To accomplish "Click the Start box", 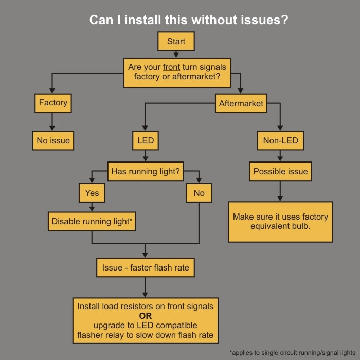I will pyautogui.click(x=176, y=42).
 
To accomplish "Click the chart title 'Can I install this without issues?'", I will pyautogui.click(x=189, y=20).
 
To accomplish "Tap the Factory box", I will pyautogui.click(x=53, y=103).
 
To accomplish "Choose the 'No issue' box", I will pyautogui.click(x=53, y=140).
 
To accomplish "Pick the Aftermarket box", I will pyautogui.click(x=241, y=103).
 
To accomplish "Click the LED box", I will pyautogui.click(x=146, y=140).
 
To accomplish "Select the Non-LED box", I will pyautogui.click(x=280, y=140).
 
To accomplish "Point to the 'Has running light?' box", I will pyautogui.click(x=146, y=171).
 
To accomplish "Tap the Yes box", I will pyautogui.click(x=92, y=193).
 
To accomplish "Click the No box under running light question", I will pyautogui.click(x=199, y=193).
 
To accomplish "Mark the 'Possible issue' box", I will pyautogui.click(x=280, y=171).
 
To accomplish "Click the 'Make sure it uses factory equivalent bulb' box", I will pyautogui.click(x=280, y=221).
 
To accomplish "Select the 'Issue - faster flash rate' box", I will pyautogui.click(x=146, y=267).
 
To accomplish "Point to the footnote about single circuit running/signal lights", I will pyautogui.click(x=292, y=352).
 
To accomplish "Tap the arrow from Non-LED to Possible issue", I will pyautogui.click(x=280, y=156).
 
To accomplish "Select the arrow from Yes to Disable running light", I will pyautogui.click(x=92, y=207).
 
